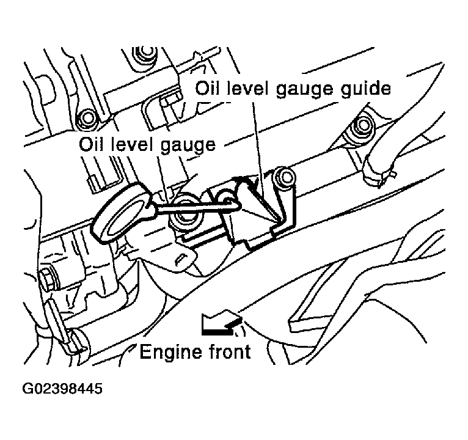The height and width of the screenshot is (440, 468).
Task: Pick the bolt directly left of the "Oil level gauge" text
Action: pyautogui.click(x=86, y=118)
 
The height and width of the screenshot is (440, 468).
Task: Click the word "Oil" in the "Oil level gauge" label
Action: pyautogui.click(x=92, y=145)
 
